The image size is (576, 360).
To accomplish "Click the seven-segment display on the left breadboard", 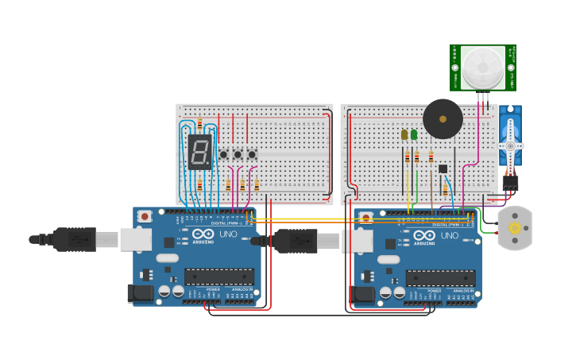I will pos(199,151).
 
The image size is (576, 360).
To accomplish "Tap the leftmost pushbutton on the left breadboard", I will pos(223,154).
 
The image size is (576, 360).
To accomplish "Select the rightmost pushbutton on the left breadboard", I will pos(252,154).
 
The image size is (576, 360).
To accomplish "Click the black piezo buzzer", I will pos(443,119).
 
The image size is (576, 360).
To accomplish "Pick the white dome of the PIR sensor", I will pos(482,68).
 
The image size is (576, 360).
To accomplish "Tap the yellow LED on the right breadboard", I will pos(404,134).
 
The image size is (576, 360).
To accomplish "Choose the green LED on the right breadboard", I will pos(414,134).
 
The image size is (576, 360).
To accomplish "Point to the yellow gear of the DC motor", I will pos(514,228).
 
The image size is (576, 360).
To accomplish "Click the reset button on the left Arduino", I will pos(145,216).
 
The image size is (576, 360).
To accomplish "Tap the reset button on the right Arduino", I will pos(365,217).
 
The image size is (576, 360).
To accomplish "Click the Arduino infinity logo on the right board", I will pos(424,235).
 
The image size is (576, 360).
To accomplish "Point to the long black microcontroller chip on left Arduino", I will pos(219,277).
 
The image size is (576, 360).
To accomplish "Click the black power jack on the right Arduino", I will pos(362,294).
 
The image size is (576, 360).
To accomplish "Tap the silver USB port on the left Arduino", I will pos(136,239).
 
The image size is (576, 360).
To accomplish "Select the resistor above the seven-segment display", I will pos(199,124).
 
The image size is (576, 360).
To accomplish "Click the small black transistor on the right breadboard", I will pos(443,168).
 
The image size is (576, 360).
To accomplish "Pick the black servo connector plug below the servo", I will pos(510,183).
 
